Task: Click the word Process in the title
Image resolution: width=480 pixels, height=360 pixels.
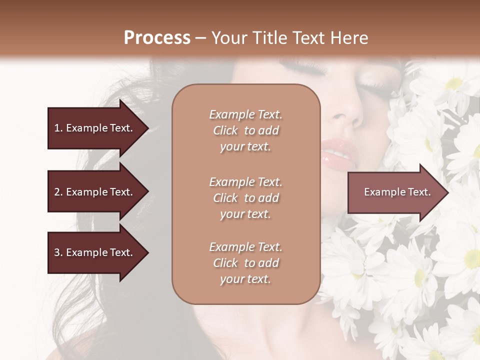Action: (x=157, y=38)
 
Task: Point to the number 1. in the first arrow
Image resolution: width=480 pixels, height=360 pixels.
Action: (x=58, y=128)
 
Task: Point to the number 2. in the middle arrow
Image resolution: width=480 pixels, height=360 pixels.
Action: (x=58, y=192)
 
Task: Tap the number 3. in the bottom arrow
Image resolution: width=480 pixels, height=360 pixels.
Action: (x=58, y=252)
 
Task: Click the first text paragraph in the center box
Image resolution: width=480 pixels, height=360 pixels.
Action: (x=245, y=130)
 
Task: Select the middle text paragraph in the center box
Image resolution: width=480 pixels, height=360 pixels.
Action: (x=245, y=198)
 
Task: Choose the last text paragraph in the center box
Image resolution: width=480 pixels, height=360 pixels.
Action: (x=245, y=263)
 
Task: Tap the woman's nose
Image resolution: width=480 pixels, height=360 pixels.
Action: (x=347, y=112)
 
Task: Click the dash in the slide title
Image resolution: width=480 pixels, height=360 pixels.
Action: (x=201, y=38)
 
